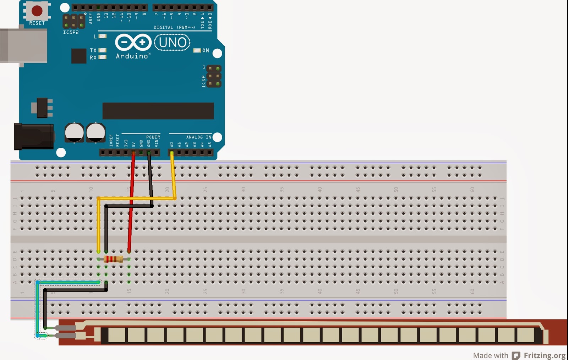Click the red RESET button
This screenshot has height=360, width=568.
pos(37,11)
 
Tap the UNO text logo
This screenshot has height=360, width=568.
pos(173,43)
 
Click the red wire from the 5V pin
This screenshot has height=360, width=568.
pos(131,206)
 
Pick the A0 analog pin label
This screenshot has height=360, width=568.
pos(172,145)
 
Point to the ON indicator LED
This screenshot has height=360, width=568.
pos(197,50)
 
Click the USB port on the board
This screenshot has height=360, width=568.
pos(23,46)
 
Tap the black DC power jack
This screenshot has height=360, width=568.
pos(33,136)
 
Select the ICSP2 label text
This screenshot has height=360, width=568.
pos(71,32)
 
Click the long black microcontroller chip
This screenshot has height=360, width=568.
pos(158,111)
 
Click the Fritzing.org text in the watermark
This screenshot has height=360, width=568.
pos(544,355)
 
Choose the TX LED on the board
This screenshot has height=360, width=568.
pos(103,50)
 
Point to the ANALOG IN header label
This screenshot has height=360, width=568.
pos(198,137)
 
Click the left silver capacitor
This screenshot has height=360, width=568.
pos(74,132)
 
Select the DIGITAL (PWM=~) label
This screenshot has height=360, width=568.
pos(174,27)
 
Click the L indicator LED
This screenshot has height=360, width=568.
pos(103,36)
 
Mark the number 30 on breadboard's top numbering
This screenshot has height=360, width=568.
pos(244,190)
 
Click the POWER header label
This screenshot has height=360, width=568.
pos(153,137)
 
